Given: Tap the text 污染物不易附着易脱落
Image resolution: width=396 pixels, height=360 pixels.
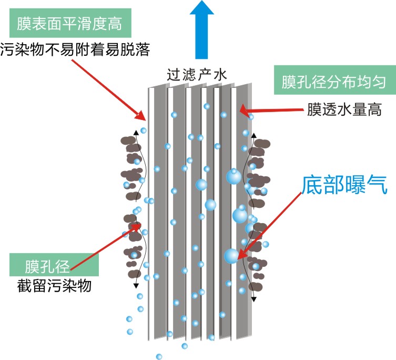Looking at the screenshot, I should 75,50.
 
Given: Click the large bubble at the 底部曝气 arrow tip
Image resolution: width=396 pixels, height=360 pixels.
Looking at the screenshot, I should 231,256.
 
